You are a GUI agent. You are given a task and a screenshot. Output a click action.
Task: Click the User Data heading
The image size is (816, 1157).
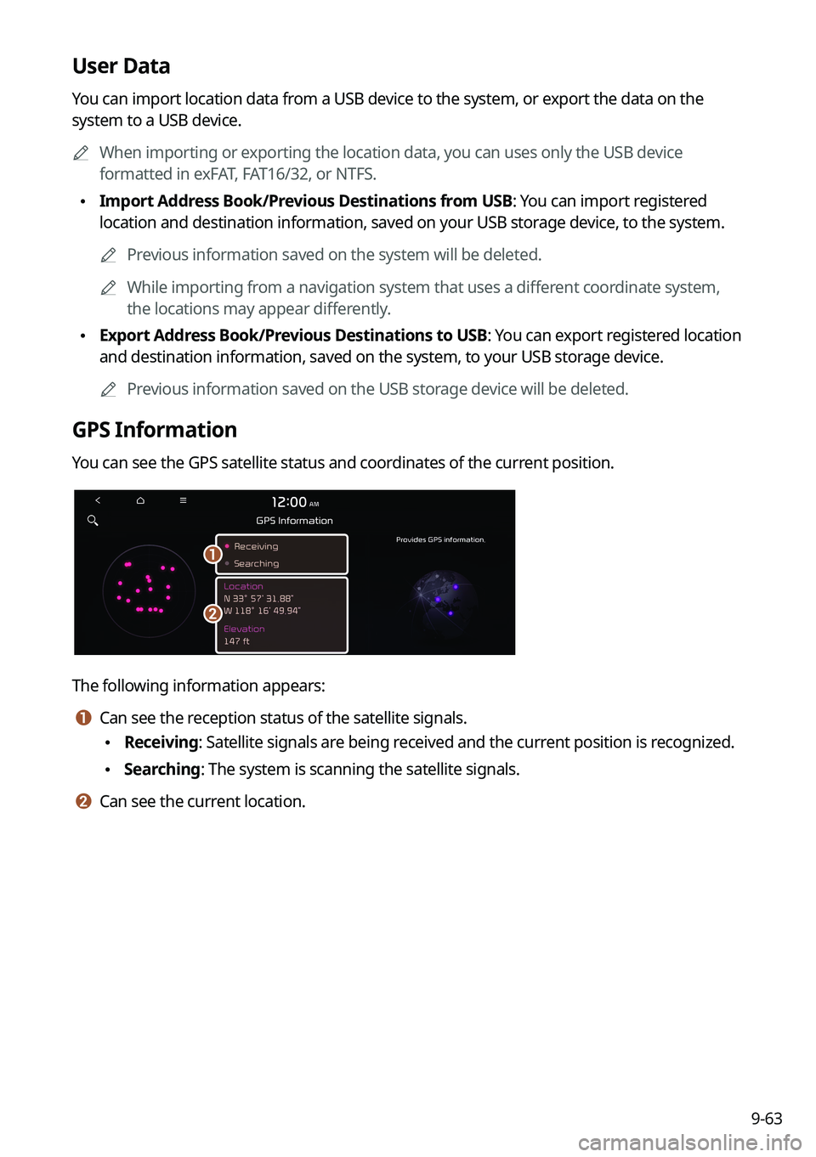pos(121,66)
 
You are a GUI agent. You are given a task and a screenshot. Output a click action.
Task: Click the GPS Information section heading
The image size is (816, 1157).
pos(154,430)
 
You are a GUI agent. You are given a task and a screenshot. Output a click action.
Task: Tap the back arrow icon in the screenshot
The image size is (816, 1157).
pos(98,500)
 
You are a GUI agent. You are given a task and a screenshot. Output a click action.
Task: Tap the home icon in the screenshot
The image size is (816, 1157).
pos(140,500)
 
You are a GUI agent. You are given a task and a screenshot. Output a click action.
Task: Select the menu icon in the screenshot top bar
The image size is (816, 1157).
pos(183,500)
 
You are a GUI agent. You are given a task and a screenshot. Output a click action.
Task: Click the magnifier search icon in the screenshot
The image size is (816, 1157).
pos(93,520)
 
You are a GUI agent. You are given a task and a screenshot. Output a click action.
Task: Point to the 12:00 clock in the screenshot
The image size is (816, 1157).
pos(290,502)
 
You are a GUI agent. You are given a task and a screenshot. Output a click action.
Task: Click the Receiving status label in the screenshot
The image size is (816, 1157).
pos(256,546)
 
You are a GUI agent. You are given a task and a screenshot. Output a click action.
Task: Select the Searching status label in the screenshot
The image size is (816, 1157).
pos(256,563)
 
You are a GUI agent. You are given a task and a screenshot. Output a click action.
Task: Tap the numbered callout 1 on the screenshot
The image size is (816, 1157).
pos(212,554)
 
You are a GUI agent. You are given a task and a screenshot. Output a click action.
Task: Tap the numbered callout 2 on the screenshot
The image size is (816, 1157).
pos(212,613)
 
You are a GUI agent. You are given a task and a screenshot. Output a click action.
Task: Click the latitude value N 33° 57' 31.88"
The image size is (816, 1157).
pos(258,598)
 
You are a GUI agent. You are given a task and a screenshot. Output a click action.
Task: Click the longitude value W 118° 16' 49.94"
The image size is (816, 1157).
pos(262,611)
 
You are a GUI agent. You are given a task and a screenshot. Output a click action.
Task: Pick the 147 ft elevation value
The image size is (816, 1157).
pos(236,641)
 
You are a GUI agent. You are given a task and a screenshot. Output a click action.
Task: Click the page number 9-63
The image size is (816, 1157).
pos(766,1119)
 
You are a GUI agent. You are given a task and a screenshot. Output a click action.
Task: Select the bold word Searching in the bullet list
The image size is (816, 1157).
pos(161,770)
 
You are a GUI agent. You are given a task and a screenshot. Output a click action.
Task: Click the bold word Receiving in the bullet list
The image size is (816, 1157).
pos(161,742)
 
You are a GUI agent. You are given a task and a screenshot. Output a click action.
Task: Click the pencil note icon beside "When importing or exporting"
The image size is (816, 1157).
pos(81,153)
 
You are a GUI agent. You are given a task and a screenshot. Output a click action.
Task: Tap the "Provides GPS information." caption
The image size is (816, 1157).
pos(440,539)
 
